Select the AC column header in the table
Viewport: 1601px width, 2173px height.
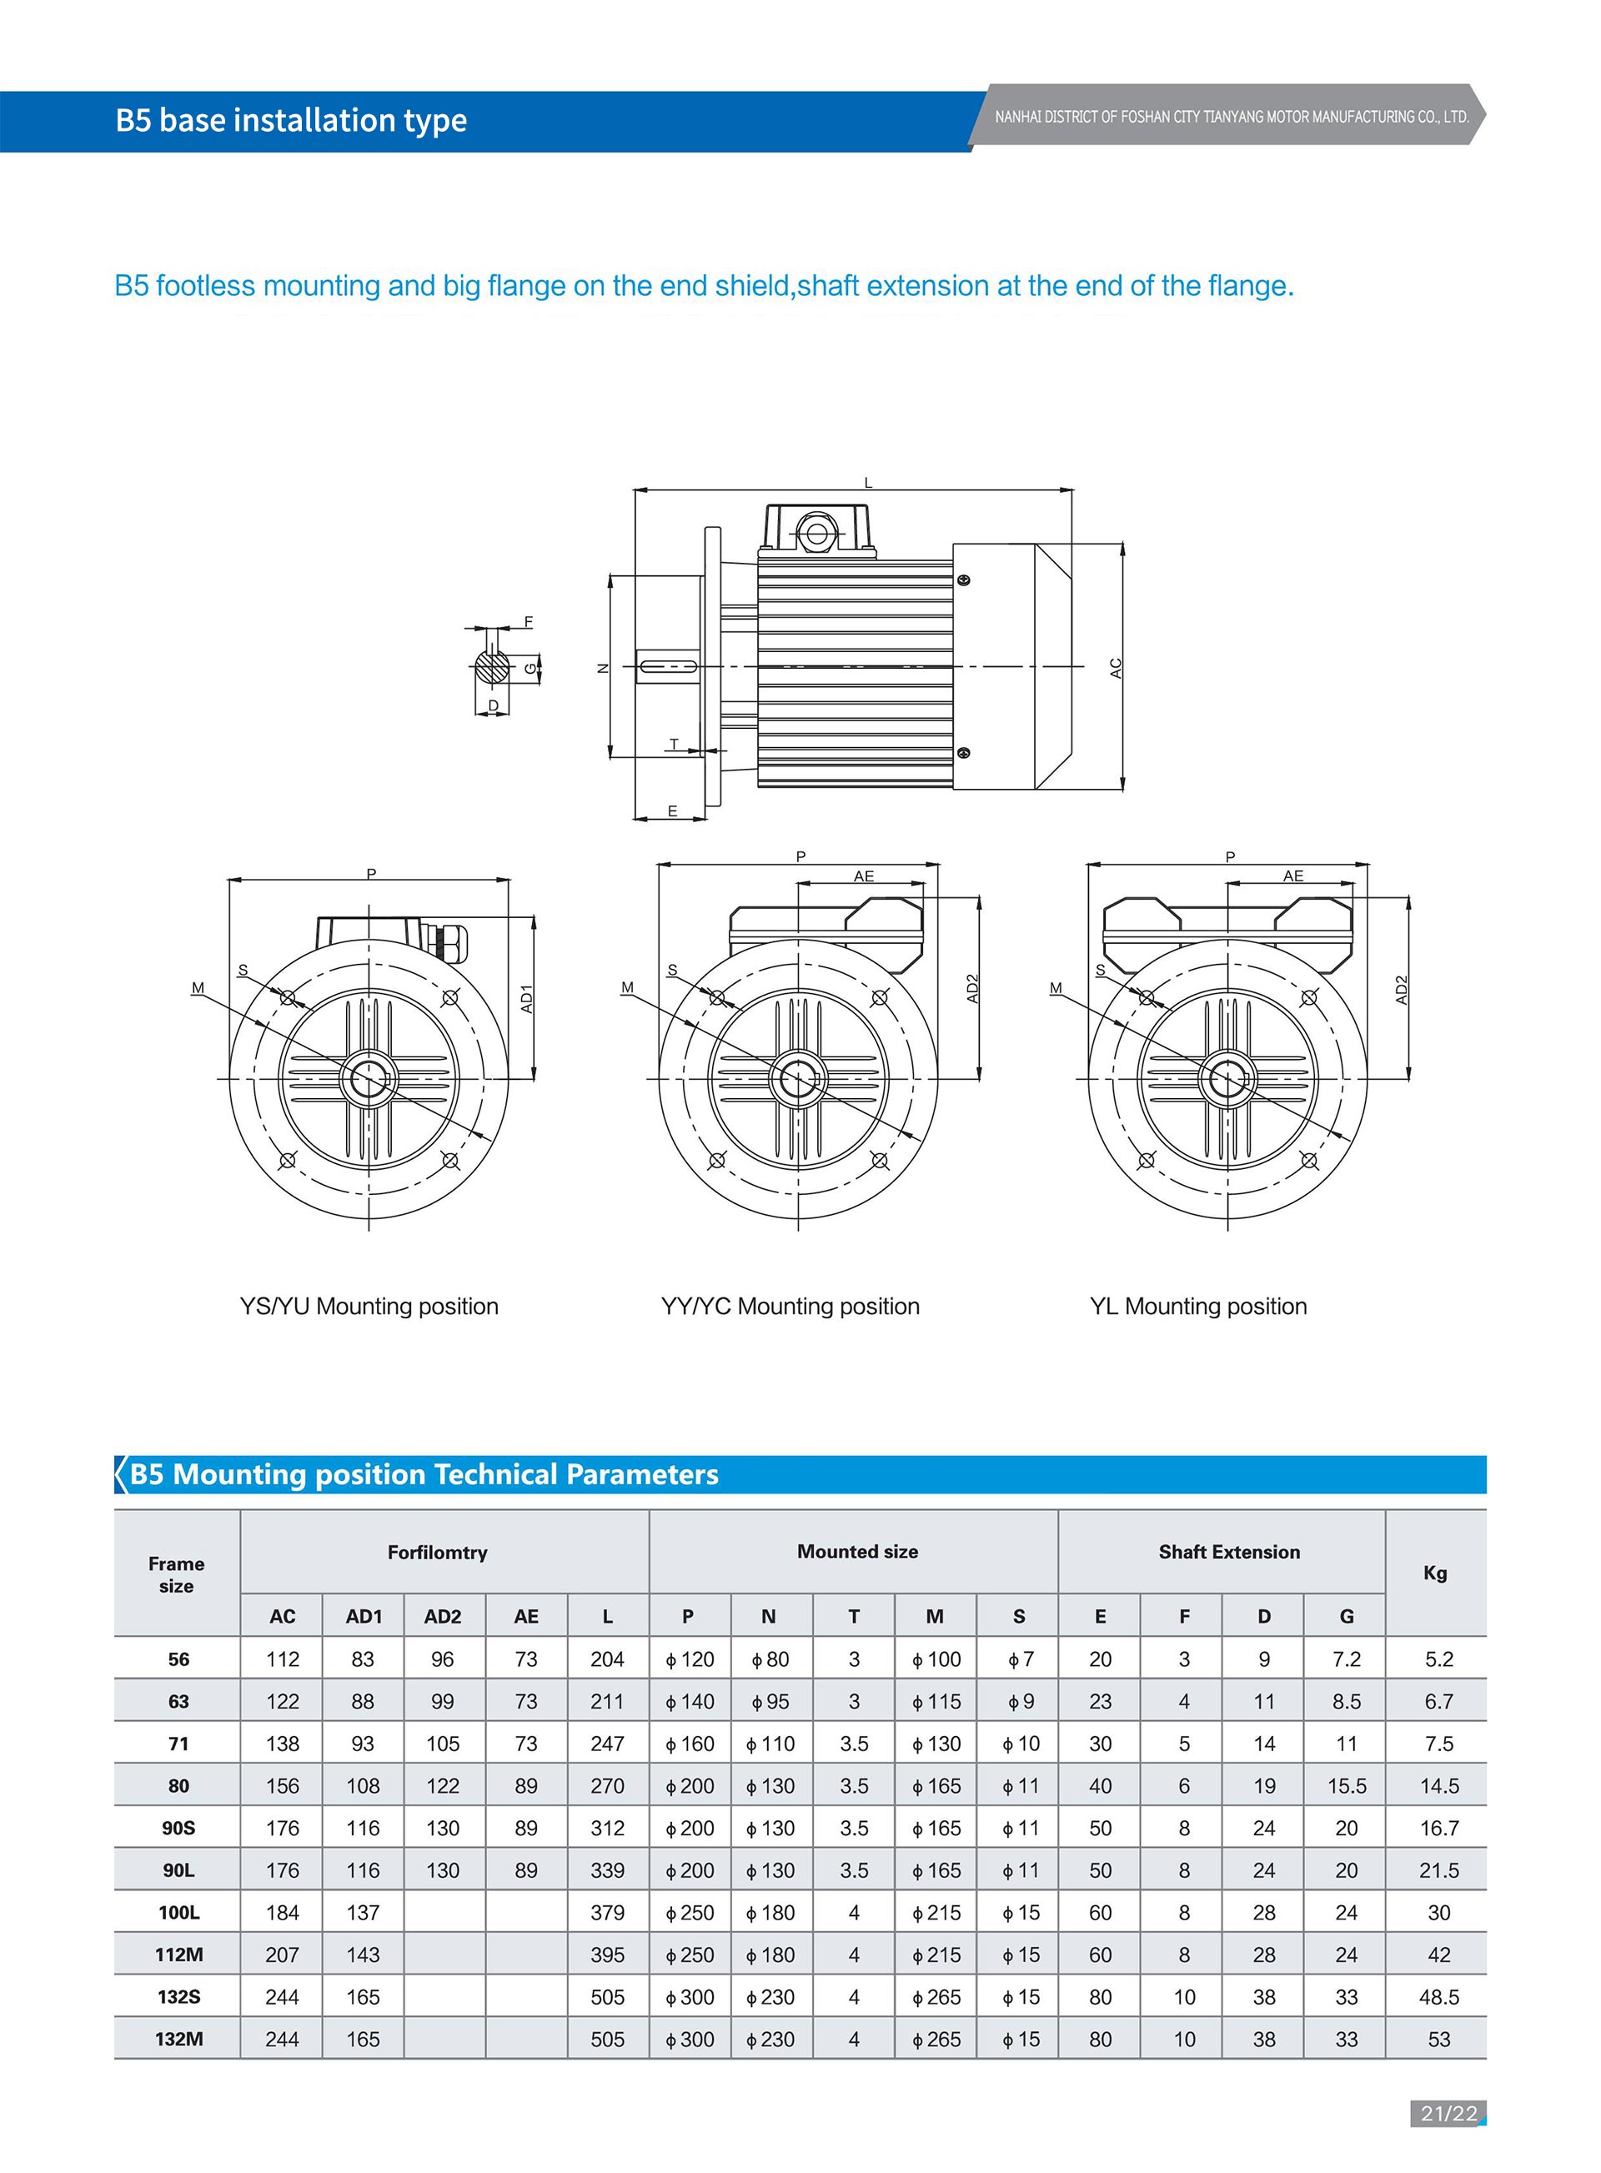pyautogui.click(x=282, y=1616)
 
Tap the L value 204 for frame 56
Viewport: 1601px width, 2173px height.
pyautogui.click(x=607, y=1659)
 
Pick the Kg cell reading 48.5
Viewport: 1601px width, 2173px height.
pyautogui.click(x=1438, y=1996)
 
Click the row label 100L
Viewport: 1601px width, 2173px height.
pyautogui.click(x=178, y=1912)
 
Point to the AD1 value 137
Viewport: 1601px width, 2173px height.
pyautogui.click(x=363, y=1912)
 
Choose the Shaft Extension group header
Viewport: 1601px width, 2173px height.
pyautogui.click(x=1229, y=1552)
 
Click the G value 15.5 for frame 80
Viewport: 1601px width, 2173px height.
pyautogui.click(x=1346, y=1785)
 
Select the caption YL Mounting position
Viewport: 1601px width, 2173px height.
pyautogui.click(x=1198, y=1307)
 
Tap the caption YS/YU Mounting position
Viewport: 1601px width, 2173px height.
pyautogui.click(x=369, y=1307)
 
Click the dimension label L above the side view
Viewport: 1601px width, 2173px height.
pyautogui.click(x=867, y=483)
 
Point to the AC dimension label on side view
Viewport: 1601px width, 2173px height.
pyautogui.click(x=1116, y=668)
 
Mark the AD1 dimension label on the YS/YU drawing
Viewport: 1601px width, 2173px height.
pyautogui.click(x=527, y=999)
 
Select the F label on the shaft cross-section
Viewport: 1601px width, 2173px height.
pyautogui.click(x=528, y=621)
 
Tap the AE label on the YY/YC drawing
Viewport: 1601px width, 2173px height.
pyautogui.click(x=864, y=876)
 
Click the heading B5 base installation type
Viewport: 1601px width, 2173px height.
pyautogui.click(x=291, y=120)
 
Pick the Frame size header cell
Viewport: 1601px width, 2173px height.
pyautogui.click(x=177, y=1574)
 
